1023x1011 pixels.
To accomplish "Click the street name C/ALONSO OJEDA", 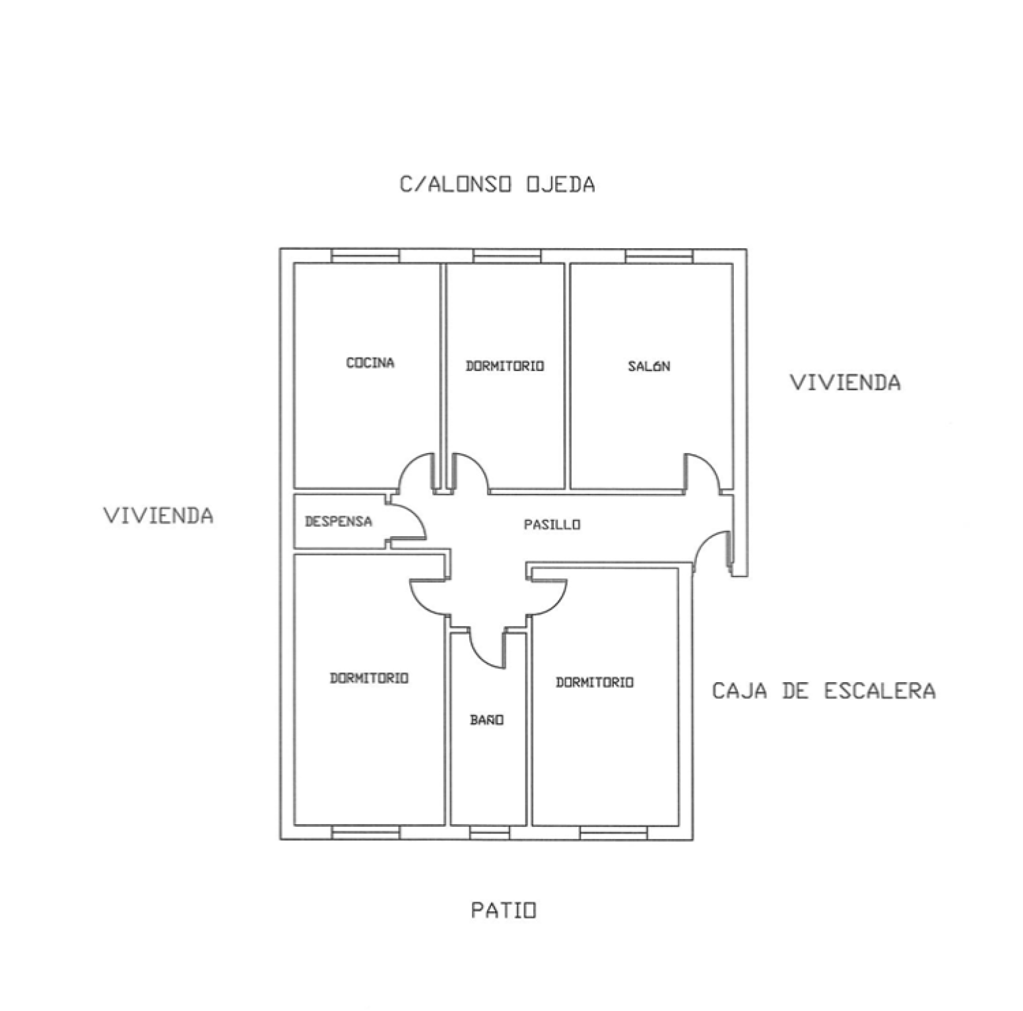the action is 497,184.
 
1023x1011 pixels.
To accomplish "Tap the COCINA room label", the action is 370,363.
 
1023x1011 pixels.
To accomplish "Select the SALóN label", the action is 649,366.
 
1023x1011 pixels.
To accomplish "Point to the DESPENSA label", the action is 339,522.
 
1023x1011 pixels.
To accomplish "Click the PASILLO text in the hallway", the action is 552,524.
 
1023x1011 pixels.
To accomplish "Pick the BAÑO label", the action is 487,720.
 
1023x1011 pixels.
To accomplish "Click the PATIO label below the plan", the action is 504,911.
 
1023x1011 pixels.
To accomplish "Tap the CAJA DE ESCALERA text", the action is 824,691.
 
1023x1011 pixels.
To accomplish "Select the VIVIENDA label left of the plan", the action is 158,515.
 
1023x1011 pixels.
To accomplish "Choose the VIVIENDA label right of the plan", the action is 845,382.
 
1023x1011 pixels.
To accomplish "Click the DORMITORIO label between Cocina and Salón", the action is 505,366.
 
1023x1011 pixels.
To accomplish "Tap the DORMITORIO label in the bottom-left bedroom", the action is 369,678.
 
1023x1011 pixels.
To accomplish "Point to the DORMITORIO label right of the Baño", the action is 595,682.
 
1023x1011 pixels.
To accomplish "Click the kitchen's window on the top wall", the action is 365,256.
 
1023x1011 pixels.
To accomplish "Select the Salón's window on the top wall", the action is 659,256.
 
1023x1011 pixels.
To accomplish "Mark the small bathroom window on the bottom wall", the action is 490,833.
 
